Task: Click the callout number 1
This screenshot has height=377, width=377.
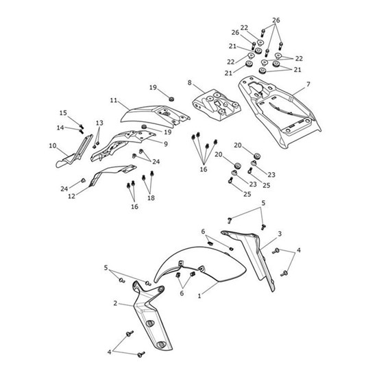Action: click(199, 296)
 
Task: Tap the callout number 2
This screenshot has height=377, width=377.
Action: click(115, 304)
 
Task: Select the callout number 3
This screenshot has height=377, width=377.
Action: click(280, 234)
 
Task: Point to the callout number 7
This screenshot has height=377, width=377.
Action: click(308, 84)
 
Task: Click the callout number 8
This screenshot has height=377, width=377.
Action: click(190, 83)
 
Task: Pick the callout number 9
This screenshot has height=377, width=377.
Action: click(166, 144)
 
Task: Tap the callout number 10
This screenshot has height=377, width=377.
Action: click(53, 146)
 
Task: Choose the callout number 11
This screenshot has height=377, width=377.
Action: click(114, 100)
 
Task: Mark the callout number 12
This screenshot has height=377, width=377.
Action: click(72, 196)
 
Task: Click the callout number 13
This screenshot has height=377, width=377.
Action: click(99, 123)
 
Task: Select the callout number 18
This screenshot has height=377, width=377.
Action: click(151, 198)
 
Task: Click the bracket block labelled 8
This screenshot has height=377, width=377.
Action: click(217, 105)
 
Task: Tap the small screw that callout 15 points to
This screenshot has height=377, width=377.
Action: click(82, 125)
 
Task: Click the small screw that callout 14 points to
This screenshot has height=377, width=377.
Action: click(81, 131)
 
